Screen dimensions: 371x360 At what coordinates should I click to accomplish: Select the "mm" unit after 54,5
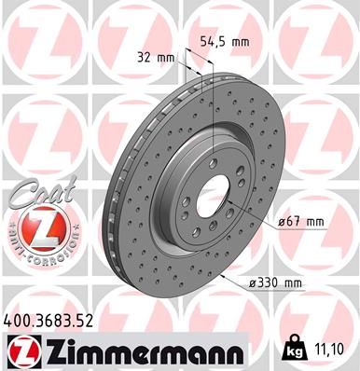(x=241, y=40)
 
